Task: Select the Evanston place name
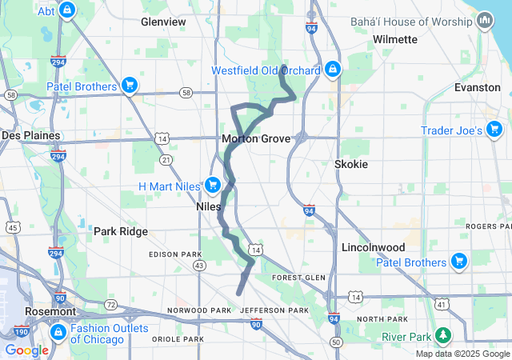pos(477,86)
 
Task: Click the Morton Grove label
pos(256,138)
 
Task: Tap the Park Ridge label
pos(121,231)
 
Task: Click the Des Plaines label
pos(31,135)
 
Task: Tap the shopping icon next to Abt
pos(66,11)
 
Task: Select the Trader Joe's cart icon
pos(494,129)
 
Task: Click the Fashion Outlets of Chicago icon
pos(58,332)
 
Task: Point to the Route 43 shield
pos(199,265)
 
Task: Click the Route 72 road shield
pos(111,305)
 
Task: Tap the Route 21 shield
pos(166,160)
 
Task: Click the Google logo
pos(26,350)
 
